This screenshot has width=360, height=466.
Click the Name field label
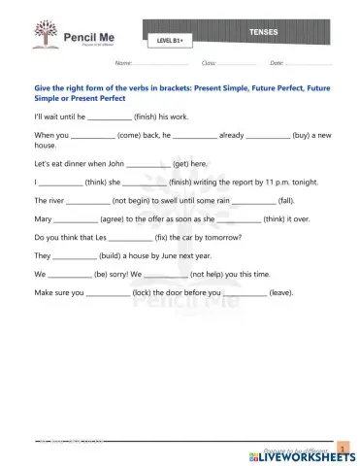(123, 63)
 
